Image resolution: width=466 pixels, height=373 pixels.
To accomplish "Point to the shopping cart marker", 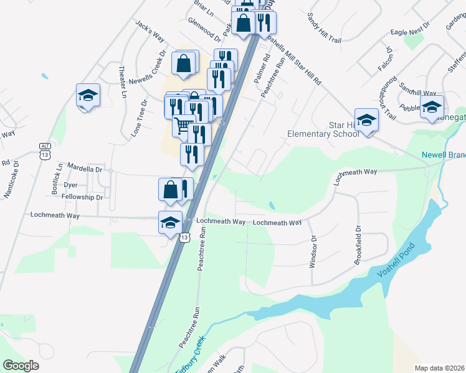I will coord(183,126).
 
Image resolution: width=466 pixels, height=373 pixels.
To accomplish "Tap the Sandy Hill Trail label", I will coord(324,27).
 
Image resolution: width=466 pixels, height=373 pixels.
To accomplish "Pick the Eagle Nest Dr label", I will coord(411,30).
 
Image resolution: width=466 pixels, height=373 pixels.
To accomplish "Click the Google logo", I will coord(21,366).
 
